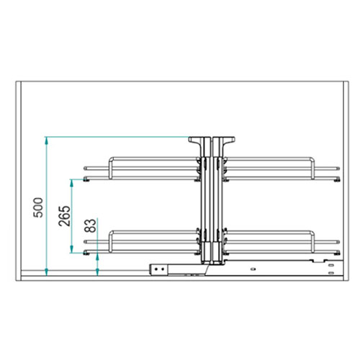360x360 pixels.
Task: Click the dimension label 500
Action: click(38, 207)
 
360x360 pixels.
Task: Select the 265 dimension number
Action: click(64, 216)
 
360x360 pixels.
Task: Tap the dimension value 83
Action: click(91, 225)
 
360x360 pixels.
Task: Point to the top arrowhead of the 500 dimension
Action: click(47, 140)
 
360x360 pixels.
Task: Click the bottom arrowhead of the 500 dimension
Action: click(47, 272)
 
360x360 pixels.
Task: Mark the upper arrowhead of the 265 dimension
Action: click(71, 183)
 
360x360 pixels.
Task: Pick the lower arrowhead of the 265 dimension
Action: click(71, 249)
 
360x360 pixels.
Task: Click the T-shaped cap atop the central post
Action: click(212, 140)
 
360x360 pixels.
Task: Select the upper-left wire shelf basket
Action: click(142, 168)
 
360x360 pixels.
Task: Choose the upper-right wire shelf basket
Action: click(282, 168)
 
